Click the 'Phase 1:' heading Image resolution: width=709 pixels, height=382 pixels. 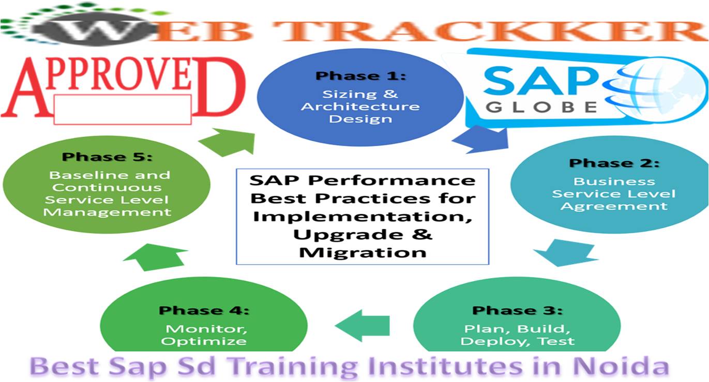(361, 76)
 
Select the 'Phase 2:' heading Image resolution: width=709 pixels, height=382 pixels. (614, 163)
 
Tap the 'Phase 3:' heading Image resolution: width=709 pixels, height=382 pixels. (517, 310)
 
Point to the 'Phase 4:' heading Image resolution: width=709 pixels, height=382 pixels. (204, 310)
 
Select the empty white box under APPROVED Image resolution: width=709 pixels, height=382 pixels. (123, 109)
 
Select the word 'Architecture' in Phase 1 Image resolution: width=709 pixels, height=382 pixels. (360, 106)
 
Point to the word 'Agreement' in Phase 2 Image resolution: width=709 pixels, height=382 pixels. (614, 206)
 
